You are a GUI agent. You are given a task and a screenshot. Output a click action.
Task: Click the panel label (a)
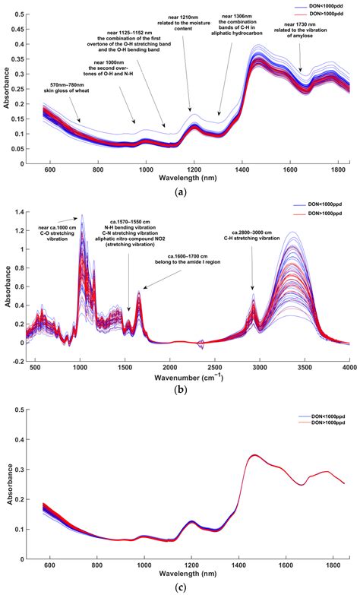coord(181,192)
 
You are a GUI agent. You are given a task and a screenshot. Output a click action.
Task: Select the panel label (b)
coord(181,389)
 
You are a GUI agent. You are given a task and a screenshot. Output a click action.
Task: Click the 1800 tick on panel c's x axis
coord(330,567)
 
